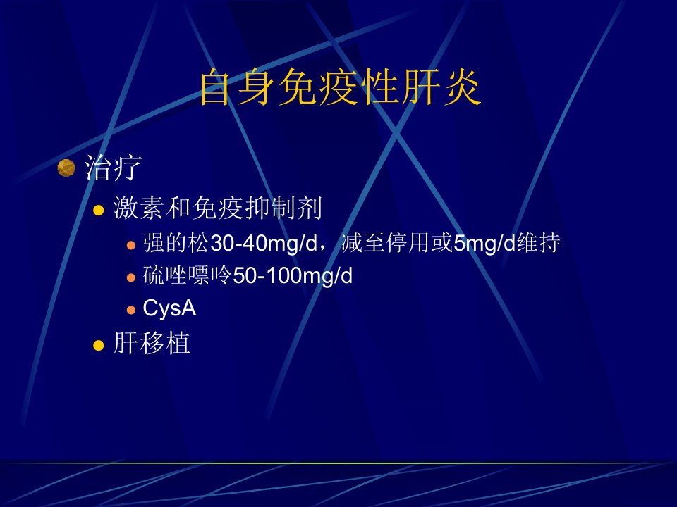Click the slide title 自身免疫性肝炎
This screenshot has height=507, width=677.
coord(340,87)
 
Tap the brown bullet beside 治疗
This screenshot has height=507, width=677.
coord(66,168)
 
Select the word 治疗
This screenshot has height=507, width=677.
coord(113,168)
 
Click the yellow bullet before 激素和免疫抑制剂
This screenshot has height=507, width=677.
coord(99,211)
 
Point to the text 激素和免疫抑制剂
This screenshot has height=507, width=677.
coord(218,208)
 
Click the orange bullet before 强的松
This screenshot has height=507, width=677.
coord(131,246)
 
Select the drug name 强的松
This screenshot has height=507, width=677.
coord(176,243)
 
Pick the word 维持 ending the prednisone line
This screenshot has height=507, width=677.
coord(538,243)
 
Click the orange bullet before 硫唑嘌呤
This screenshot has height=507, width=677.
coord(131,277)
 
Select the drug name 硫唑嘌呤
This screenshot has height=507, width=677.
coord(188,275)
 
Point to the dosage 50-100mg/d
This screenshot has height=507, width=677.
coord(292,276)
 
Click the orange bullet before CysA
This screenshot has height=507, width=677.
coord(131,310)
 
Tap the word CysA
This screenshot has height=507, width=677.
coord(169,308)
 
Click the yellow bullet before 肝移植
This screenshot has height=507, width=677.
coord(99,345)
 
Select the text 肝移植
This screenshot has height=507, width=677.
coord(152,344)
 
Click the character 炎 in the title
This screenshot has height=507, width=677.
coord(462,87)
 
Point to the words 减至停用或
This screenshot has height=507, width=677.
coord(397,243)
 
